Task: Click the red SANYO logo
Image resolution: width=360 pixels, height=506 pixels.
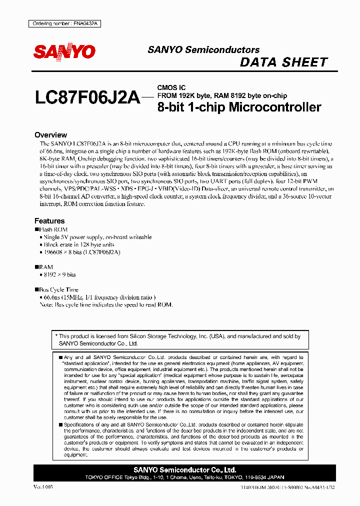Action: coord(64,51)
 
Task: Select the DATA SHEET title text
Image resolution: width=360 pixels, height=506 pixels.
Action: coord(283,62)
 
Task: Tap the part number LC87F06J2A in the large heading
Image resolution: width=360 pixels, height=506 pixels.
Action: coord(87,97)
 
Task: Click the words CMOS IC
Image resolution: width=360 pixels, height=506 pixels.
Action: coord(171,87)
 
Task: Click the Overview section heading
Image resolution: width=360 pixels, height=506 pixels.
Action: coord(50,135)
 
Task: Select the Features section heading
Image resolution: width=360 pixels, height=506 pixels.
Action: coord(49,220)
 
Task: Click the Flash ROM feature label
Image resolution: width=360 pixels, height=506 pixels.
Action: coord(53,229)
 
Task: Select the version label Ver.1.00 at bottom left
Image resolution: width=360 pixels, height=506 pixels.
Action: coord(43,486)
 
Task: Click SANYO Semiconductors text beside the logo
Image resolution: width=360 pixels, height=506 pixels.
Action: coord(203,50)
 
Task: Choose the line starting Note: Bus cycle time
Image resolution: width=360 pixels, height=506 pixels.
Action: coord(106,304)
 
